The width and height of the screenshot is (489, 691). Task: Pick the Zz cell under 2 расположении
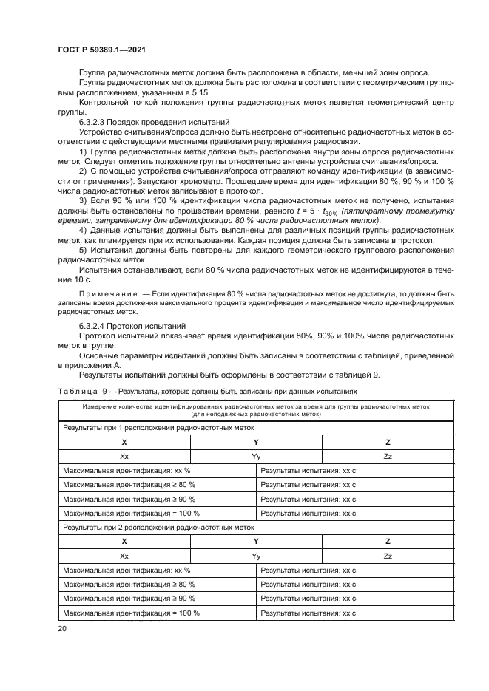click(388, 556)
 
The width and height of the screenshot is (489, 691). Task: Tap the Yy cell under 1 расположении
click(256, 456)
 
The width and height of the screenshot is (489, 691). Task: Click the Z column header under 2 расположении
click(388, 541)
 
